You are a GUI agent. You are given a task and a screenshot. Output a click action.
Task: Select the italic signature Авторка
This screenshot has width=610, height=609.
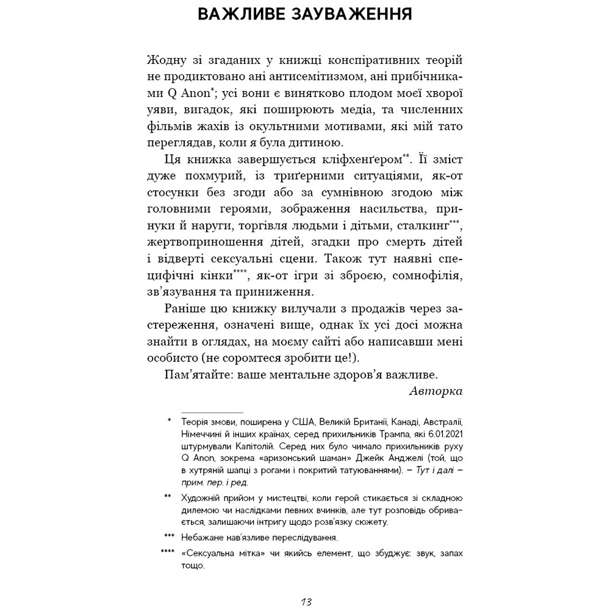tap(436, 390)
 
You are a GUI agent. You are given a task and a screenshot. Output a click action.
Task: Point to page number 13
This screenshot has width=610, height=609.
tap(306, 602)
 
